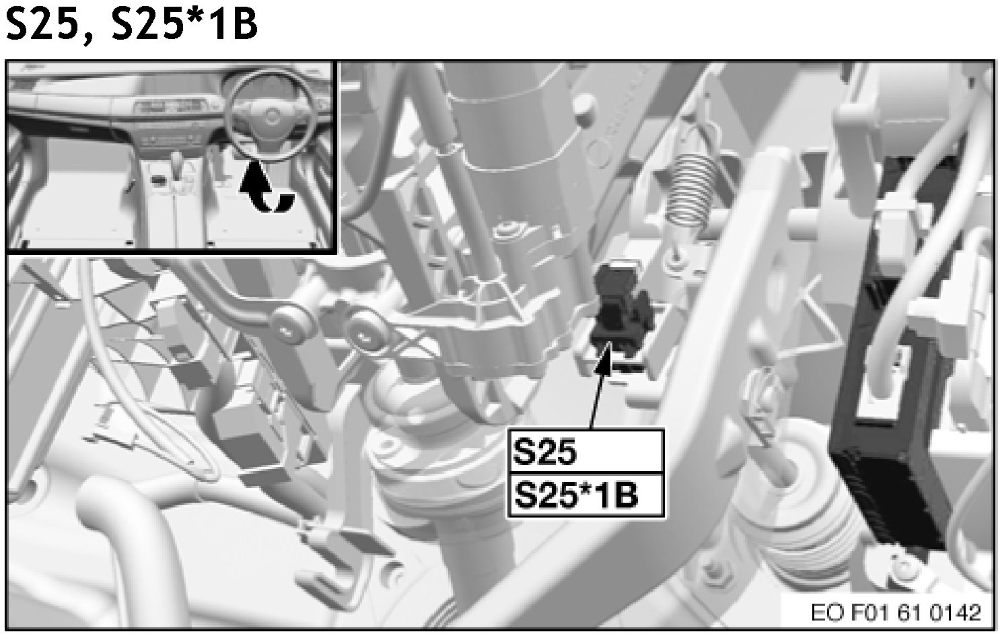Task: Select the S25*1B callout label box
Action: pos(586,495)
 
